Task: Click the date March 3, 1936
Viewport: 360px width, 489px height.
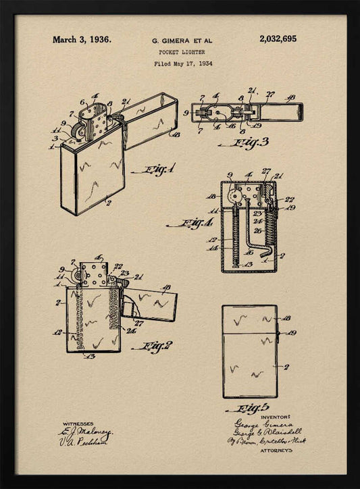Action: pos(82,39)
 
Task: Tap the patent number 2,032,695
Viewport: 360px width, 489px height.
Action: pos(278,39)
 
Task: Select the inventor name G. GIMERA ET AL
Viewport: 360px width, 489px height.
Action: pos(182,41)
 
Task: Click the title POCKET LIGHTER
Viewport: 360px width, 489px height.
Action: pos(182,52)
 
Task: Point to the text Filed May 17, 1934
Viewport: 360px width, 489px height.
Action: pos(182,63)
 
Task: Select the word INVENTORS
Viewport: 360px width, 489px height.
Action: pos(272,417)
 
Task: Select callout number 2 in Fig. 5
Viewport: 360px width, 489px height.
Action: pos(287,367)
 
